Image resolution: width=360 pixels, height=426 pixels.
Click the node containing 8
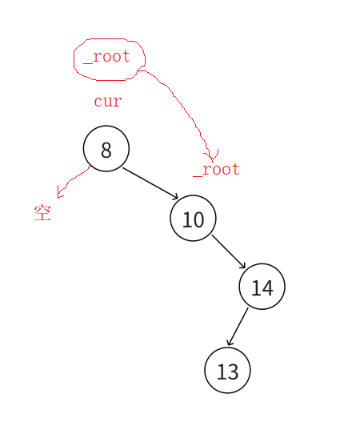[x=106, y=148]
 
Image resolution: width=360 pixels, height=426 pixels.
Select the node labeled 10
[x=193, y=218]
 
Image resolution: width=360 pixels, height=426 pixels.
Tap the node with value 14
[x=262, y=287]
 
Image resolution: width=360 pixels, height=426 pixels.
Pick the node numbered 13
[x=227, y=370]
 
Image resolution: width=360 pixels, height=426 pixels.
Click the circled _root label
[x=106, y=57]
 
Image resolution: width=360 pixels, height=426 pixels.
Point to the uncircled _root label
[x=216, y=170]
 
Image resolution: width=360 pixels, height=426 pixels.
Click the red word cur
[x=108, y=102]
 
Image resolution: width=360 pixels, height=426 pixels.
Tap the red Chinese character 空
[x=42, y=213]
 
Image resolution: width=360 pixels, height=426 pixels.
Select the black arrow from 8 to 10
[x=150, y=183]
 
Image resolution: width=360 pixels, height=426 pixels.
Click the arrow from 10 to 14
[x=229, y=252]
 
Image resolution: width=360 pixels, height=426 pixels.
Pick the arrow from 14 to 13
[x=238, y=326]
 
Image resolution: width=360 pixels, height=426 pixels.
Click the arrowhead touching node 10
[x=175, y=197]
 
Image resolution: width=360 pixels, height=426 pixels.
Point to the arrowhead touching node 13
[x=230, y=342]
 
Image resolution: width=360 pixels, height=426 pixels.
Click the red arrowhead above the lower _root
[x=211, y=155]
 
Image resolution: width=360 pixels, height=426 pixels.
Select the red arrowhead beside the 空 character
[x=59, y=193]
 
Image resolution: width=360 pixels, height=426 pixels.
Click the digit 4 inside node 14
[x=267, y=287]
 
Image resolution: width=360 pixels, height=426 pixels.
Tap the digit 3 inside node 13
[x=234, y=372]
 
